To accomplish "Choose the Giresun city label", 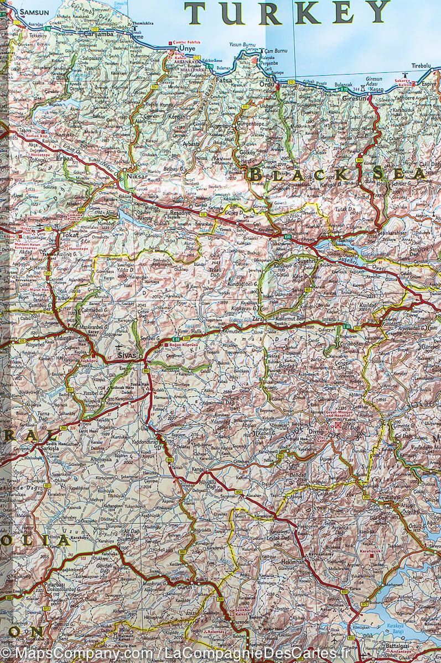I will coord(354,98).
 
